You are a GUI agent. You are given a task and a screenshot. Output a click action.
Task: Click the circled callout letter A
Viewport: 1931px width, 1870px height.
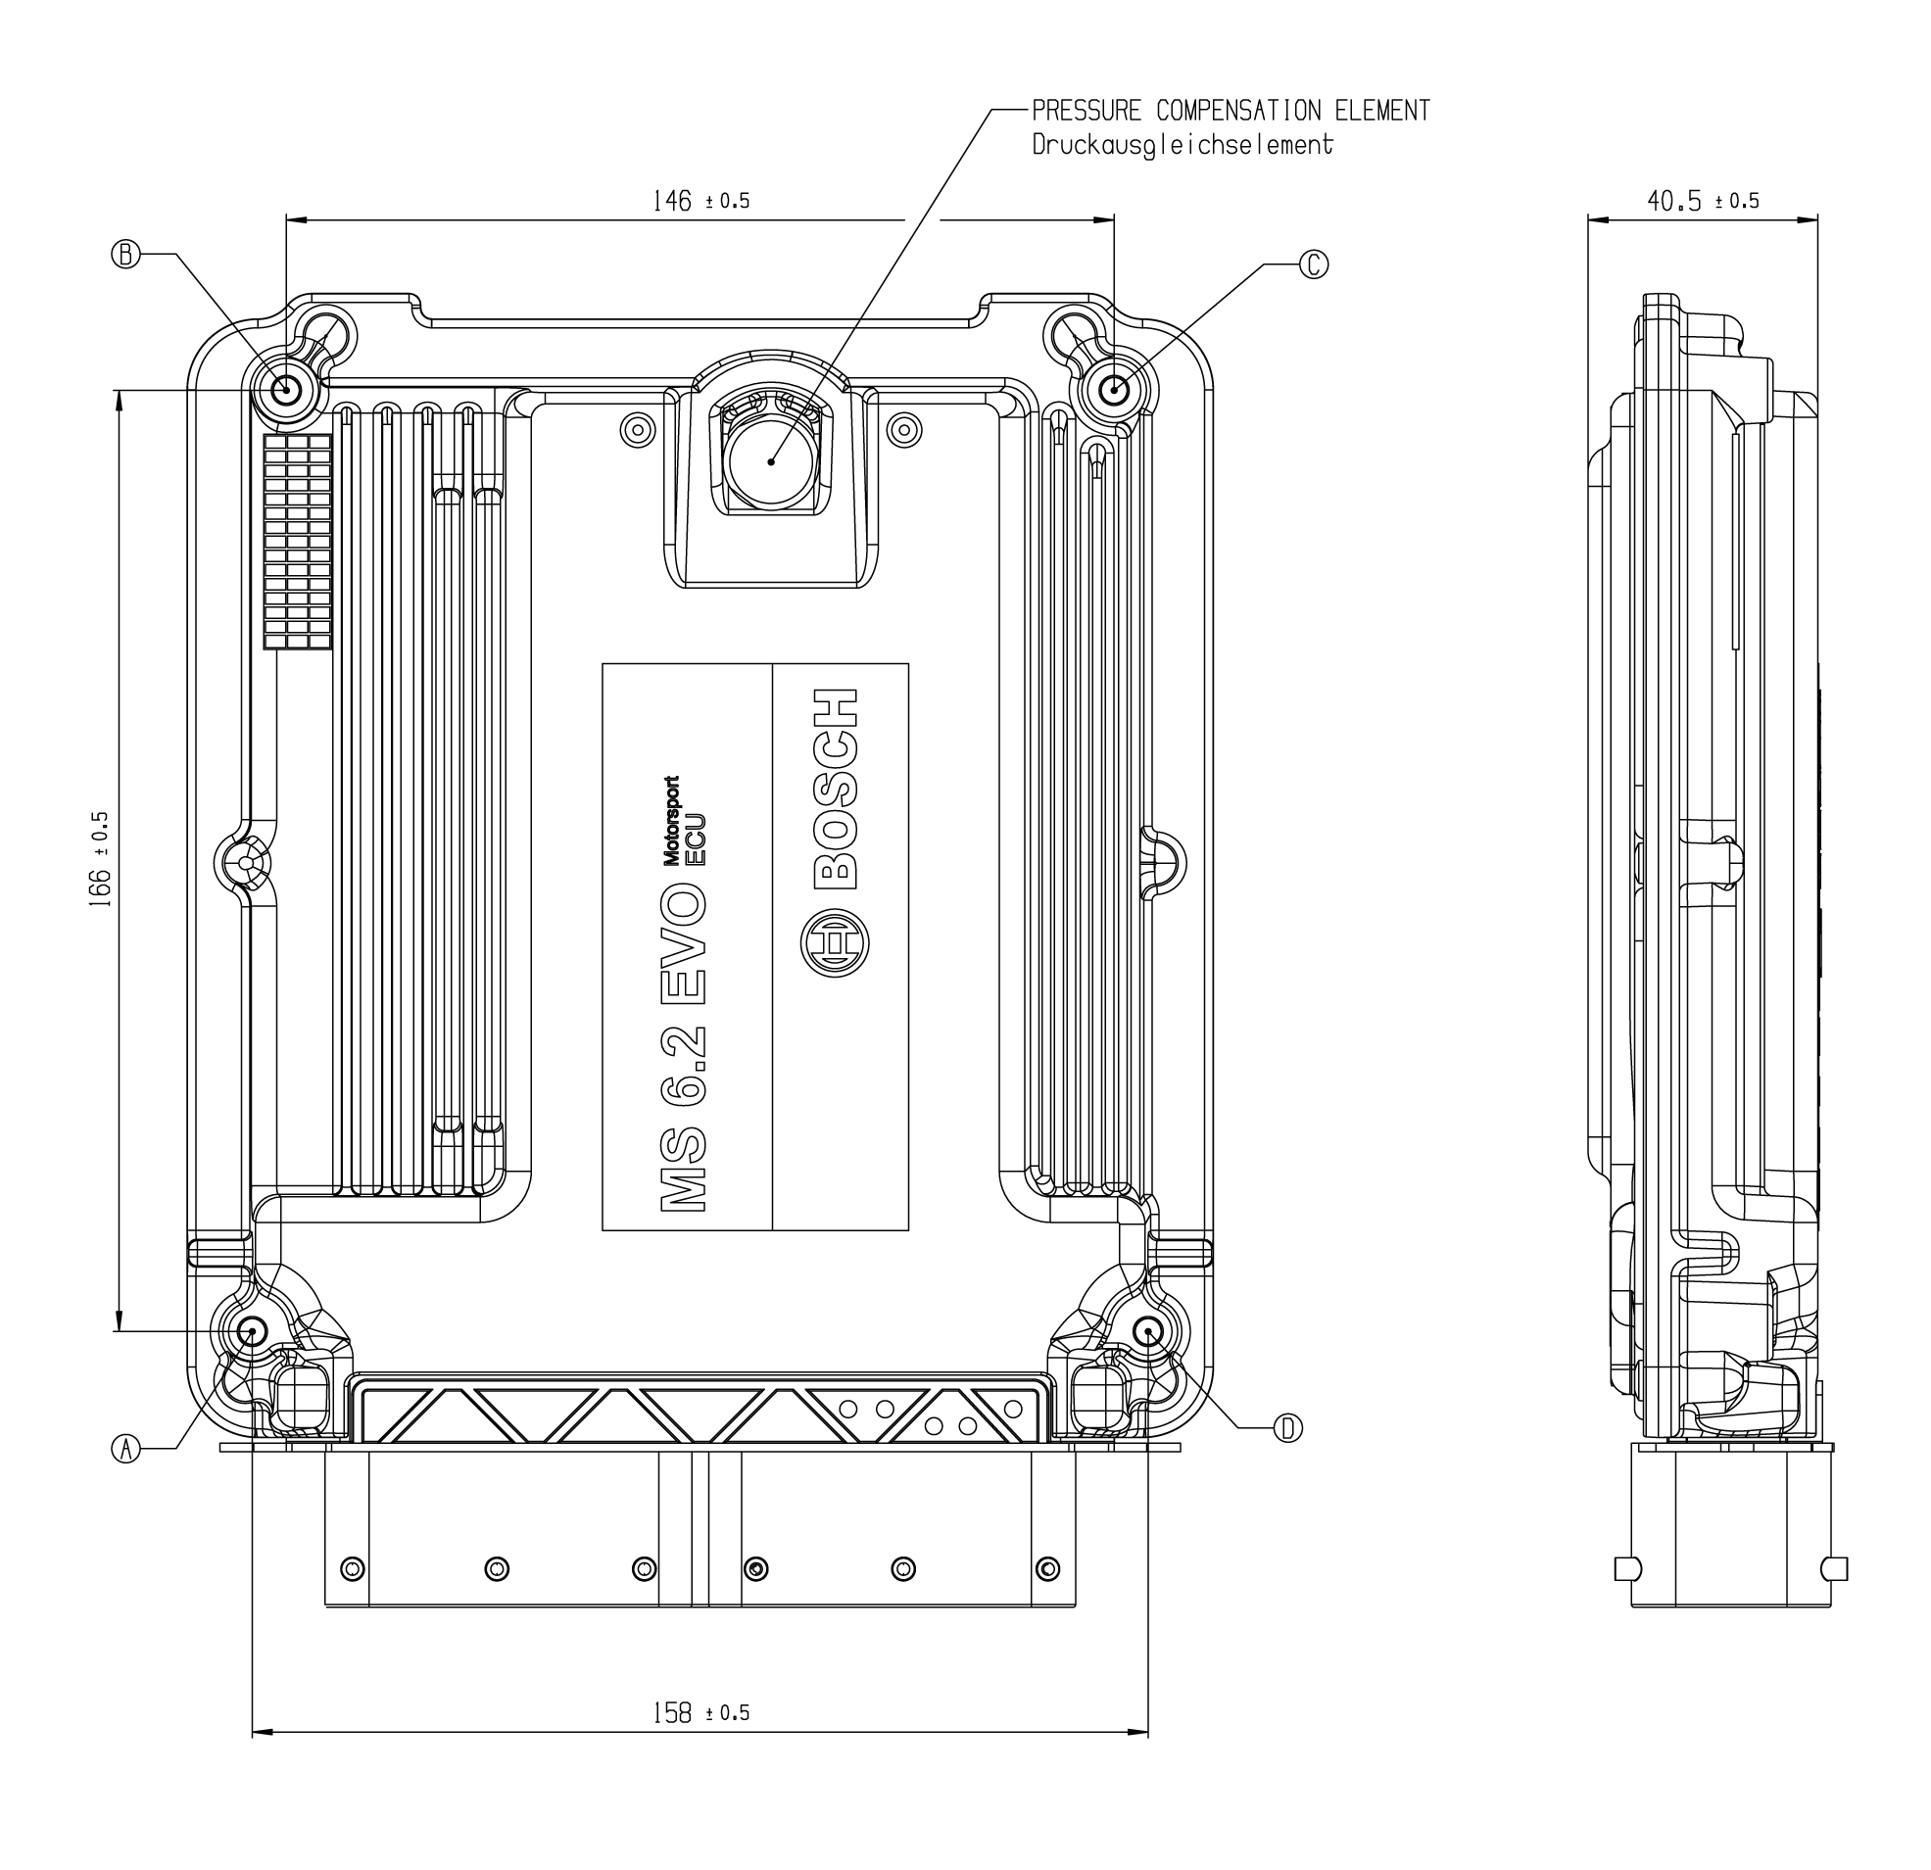click(125, 1449)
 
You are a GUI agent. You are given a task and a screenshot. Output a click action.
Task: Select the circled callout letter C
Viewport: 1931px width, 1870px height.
click(1314, 264)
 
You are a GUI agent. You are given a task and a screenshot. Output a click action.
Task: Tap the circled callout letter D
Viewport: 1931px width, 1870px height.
click(1287, 1427)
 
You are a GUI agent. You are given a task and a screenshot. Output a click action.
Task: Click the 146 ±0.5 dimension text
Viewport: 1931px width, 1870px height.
click(700, 201)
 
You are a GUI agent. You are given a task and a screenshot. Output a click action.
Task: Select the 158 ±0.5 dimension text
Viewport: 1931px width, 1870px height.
click(700, 1713)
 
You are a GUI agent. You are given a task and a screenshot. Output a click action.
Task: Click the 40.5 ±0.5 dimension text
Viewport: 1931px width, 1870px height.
click(1703, 201)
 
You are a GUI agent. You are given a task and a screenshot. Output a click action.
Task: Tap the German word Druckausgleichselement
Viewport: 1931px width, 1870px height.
click(1183, 145)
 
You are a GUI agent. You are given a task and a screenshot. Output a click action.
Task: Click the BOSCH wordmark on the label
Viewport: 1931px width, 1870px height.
click(836, 789)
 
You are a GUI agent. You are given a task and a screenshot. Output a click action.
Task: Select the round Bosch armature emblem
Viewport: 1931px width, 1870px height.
click(835, 943)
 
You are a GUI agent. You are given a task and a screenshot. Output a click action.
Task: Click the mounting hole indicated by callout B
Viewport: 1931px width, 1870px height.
click(288, 390)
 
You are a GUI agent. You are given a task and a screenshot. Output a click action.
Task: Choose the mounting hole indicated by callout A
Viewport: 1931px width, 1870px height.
click(252, 1332)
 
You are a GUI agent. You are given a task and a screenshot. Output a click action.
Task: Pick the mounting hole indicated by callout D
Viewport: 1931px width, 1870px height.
click(1148, 1332)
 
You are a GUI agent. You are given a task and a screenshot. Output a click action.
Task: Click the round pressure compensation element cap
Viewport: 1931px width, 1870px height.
click(771, 461)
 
